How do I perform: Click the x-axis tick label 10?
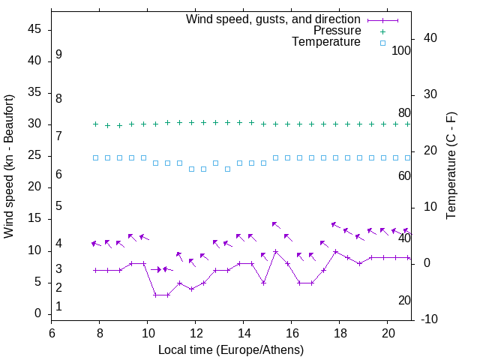tap(148, 333)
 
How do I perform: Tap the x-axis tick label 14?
tap(244, 333)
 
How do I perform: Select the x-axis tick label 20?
tap(388, 333)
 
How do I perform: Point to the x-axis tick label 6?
tap(52, 333)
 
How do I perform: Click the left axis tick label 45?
tap(35, 30)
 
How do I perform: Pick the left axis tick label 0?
tap(38, 314)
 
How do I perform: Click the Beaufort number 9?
tap(58, 55)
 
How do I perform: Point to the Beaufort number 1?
tap(58, 307)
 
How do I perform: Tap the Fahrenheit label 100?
tap(402, 50)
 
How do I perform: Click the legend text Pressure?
tap(337, 31)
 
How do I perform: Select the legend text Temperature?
tap(326, 43)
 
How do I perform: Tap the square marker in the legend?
tap(382, 43)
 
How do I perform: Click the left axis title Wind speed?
tap(9, 166)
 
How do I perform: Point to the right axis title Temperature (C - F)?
tap(451, 166)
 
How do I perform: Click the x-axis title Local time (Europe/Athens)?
tap(231, 350)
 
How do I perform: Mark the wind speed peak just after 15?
tap(276, 252)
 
